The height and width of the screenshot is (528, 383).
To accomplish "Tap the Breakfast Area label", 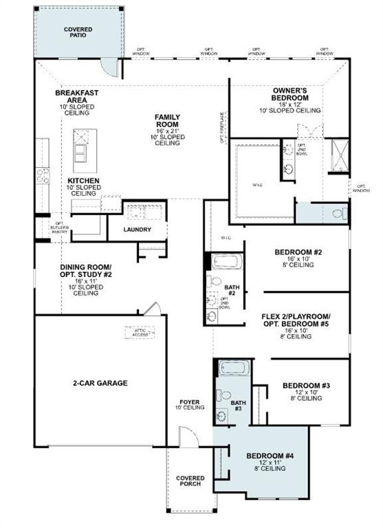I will coord(77,96).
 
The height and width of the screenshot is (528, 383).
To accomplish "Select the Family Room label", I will coord(167,122).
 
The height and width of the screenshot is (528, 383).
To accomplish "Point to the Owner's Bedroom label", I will coord(290,93).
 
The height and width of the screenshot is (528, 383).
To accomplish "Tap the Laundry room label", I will coord(138,229).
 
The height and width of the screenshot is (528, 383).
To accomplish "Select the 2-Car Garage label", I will coord(100,383).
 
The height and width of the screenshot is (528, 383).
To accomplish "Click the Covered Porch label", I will coord(189,480).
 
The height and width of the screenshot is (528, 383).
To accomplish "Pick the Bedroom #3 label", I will coord(307,386).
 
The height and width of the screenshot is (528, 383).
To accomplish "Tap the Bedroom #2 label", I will coord(298,252).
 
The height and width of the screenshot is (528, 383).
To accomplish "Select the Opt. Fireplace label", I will coord(222,129).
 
